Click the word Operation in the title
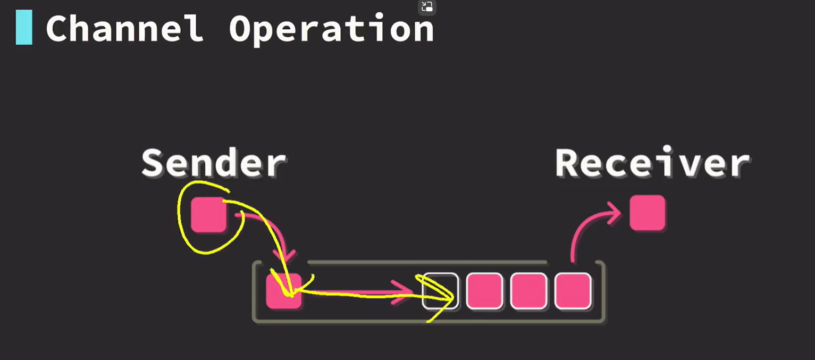pos(331,29)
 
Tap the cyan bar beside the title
pos(24,28)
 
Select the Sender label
pos(214,163)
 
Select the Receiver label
pos(652,163)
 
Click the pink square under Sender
pos(208,214)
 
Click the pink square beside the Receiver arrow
pos(647,213)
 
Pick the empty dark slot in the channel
pos(440,291)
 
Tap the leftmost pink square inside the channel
pos(283,291)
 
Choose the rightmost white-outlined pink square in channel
pos(573,291)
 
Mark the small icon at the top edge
pos(427,7)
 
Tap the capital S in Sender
pos(153,163)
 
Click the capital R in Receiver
pos(568,163)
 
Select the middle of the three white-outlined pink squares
pos(528,291)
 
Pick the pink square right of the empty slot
pos(484,291)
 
